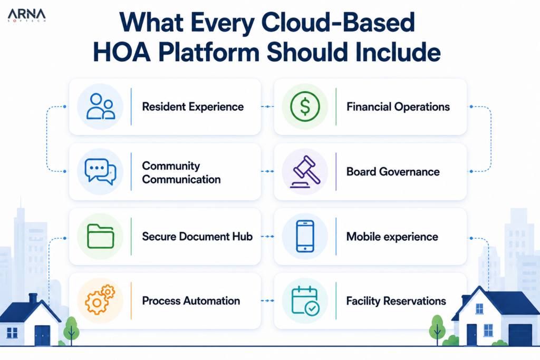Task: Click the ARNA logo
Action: (x=26, y=15)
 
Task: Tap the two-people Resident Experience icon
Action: (x=100, y=106)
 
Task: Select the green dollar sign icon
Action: (x=305, y=106)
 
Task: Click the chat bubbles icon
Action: (x=100, y=171)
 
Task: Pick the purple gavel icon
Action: (x=305, y=171)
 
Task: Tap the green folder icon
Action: (x=100, y=236)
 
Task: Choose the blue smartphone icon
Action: (x=305, y=236)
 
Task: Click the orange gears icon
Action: (x=100, y=300)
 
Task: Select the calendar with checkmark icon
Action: (x=305, y=300)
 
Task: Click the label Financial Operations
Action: (x=398, y=106)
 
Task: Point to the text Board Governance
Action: (x=393, y=171)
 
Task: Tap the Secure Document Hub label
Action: (x=197, y=237)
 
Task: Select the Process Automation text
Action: (x=191, y=301)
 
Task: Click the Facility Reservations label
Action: (x=396, y=301)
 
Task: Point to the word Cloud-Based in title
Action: (x=338, y=22)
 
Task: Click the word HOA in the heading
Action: (x=122, y=52)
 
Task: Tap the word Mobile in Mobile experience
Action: (x=363, y=237)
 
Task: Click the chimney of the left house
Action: (x=33, y=299)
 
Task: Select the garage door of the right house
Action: (x=520, y=335)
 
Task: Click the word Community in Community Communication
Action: (x=171, y=166)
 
